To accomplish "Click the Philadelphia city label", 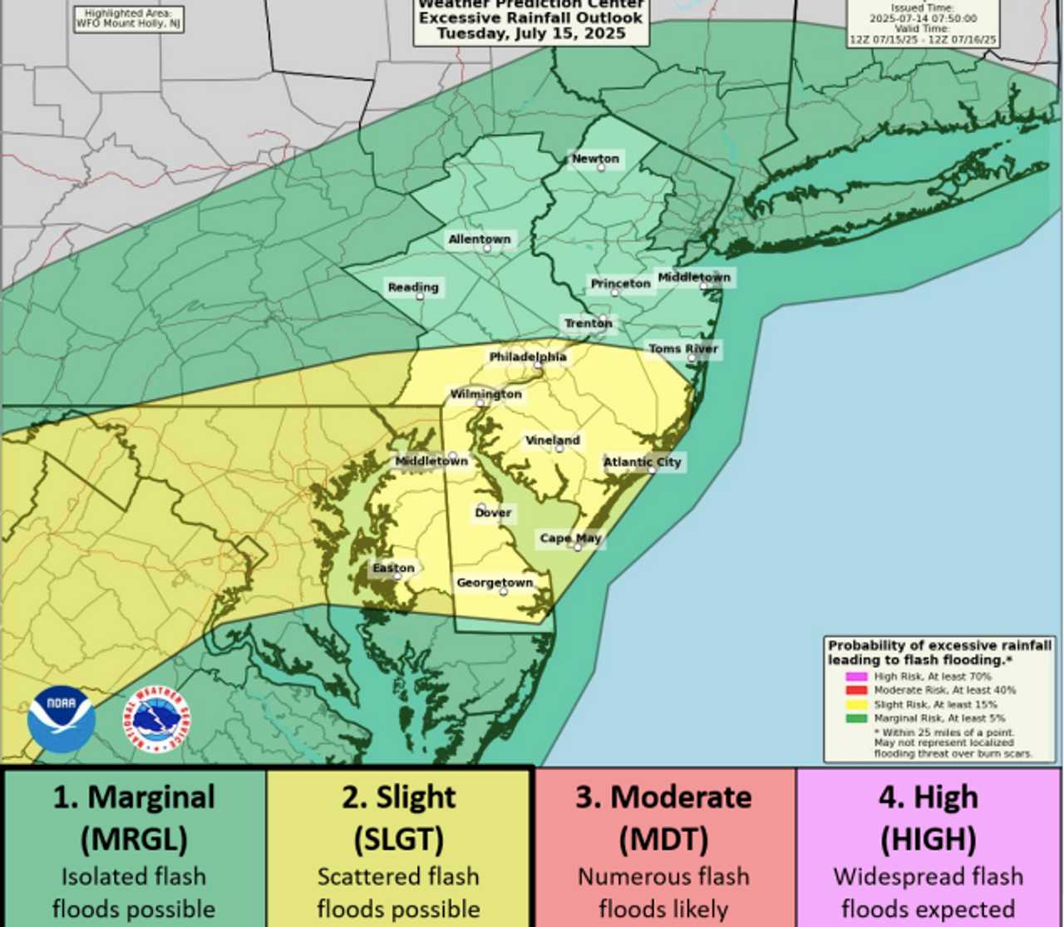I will (x=528, y=357).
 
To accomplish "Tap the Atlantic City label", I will (x=642, y=461).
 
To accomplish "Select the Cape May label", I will (x=570, y=538).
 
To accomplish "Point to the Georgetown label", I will (x=495, y=583).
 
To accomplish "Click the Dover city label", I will (x=493, y=512).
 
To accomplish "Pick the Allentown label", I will (x=480, y=239).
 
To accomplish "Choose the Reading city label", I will (x=413, y=288).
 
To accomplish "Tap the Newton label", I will (x=595, y=159).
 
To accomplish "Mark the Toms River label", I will (x=683, y=348).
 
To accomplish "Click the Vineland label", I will (x=553, y=440).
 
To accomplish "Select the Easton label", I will (x=393, y=568).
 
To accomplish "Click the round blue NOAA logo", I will (x=61, y=719).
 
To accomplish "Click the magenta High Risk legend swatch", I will (x=856, y=677).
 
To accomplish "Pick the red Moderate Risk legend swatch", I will (x=856, y=690).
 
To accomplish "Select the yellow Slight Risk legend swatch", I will (x=856, y=704).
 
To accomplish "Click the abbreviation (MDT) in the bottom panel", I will (x=663, y=839).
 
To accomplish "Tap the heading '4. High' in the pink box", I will (x=928, y=797).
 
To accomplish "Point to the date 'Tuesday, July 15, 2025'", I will (x=531, y=33).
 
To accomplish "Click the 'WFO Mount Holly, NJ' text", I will (x=129, y=23).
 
